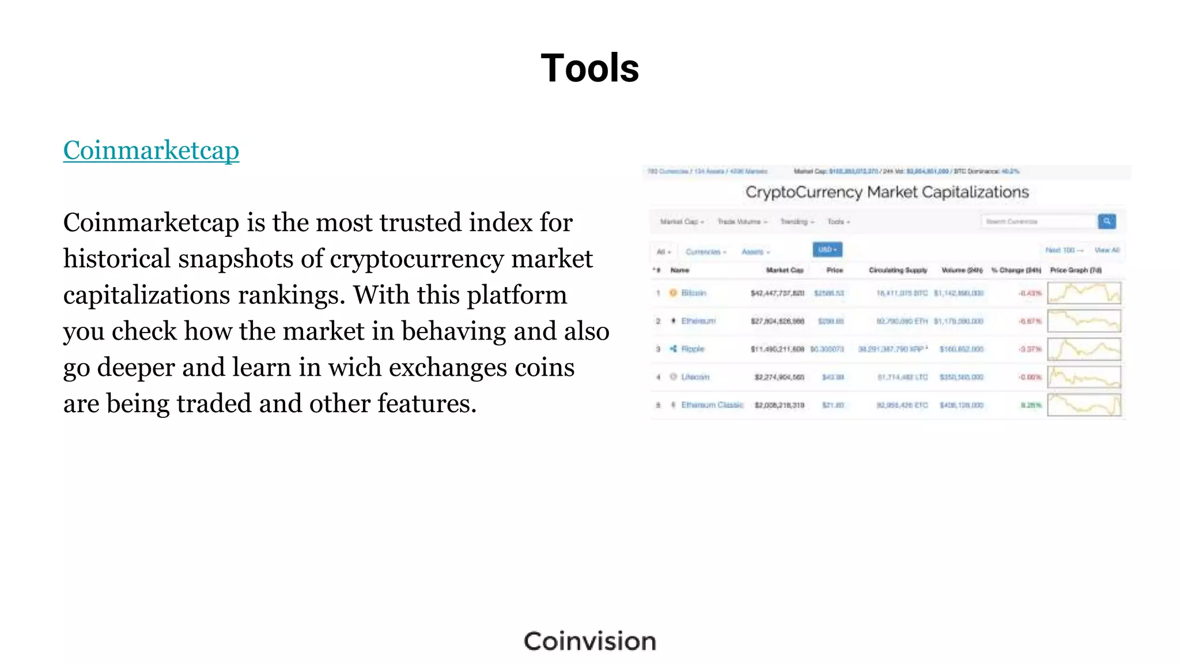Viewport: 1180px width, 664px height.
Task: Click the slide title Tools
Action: click(x=589, y=68)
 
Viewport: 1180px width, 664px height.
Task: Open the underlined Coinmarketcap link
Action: click(x=151, y=150)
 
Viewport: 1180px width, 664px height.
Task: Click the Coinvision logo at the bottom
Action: click(x=589, y=642)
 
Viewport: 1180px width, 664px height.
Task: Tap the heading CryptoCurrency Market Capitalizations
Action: click(x=887, y=192)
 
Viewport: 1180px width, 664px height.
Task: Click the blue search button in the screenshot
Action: click(x=1106, y=221)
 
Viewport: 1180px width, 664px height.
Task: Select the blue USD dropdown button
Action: click(x=827, y=250)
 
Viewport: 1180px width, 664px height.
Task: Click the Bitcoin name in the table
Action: click(x=693, y=293)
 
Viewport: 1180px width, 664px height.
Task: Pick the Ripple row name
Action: click(x=693, y=349)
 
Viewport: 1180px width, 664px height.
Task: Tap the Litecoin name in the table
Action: click(x=695, y=377)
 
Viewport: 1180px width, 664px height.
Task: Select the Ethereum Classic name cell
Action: click(x=712, y=405)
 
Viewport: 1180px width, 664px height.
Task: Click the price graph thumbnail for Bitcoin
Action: click(x=1084, y=293)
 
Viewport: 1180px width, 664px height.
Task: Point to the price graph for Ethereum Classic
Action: click(x=1084, y=405)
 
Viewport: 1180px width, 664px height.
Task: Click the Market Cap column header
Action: click(x=784, y=270)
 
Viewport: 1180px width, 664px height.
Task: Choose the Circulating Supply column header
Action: click(x=898, y=270)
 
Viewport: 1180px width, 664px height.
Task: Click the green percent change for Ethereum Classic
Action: click(x=1031, y=405)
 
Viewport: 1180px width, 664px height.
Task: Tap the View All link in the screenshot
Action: click(x=1107, y=250)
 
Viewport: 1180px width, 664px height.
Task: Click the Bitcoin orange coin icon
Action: click(x=672, y=293)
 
